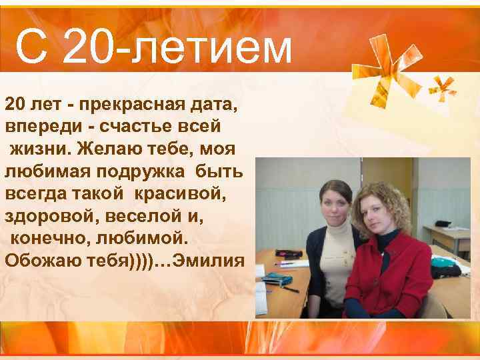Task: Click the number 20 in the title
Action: [93, 48]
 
